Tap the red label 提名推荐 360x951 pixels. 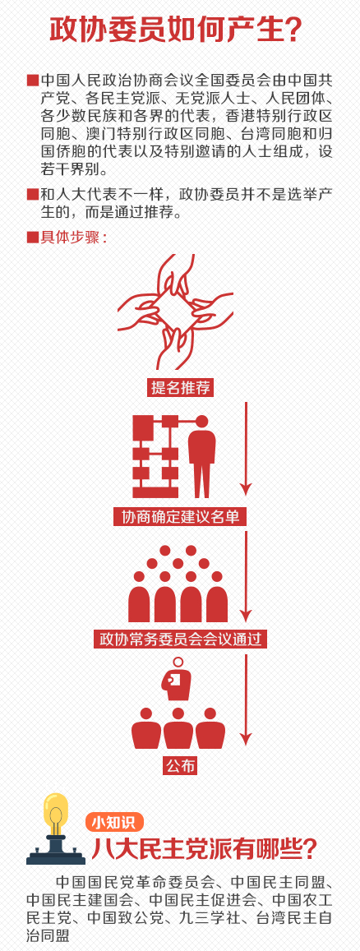(180, 387)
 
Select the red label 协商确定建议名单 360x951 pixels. (180, 517)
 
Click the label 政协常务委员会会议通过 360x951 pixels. (180, 639)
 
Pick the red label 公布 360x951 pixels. (180, 765)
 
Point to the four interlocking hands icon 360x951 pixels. (176, 312)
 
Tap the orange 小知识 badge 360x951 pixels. (114, 822)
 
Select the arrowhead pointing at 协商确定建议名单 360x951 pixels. (246, 487)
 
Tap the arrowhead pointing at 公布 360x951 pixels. (246, 739)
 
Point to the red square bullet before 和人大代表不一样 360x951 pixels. (33, 195)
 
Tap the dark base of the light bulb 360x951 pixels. (56, 852)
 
